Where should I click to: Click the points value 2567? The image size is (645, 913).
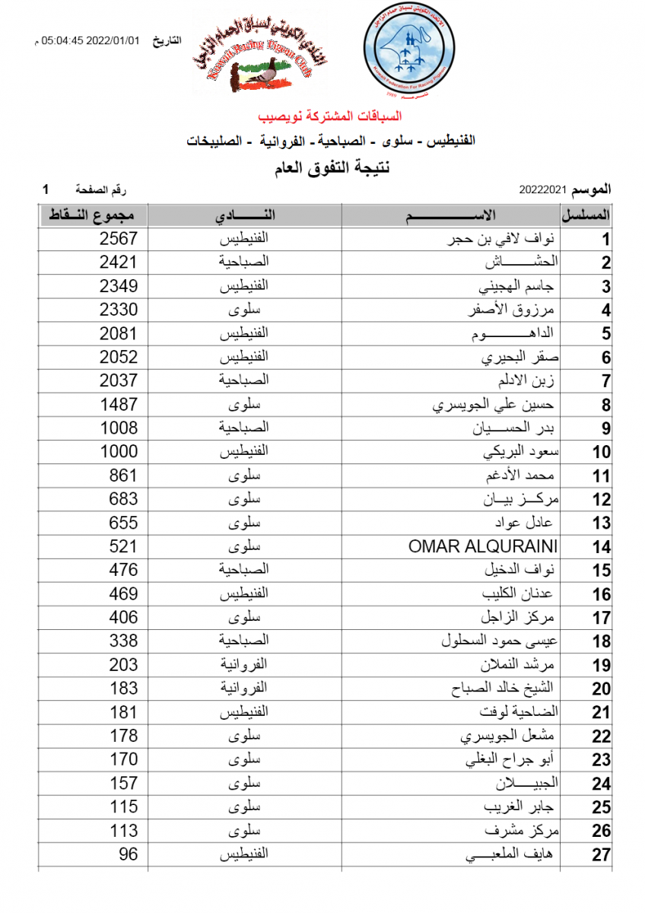point(119,239)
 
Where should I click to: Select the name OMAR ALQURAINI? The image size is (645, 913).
point(483,546)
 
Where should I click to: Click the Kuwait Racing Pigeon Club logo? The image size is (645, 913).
point(266,59)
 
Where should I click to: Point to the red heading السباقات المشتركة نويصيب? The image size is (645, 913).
point(329,116)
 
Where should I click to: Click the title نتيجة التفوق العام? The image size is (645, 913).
point(331,167)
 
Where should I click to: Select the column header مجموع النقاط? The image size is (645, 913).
point(92,215)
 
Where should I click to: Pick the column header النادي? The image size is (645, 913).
point(245,215)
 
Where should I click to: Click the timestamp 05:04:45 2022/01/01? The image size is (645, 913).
point(91,40)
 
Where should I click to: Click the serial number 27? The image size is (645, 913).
point(602,855)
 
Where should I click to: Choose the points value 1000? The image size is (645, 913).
point(119,452)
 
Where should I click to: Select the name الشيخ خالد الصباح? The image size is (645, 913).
point(502,689)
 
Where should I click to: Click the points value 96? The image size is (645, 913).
point(129,854)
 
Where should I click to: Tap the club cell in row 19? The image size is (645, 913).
point(245,665)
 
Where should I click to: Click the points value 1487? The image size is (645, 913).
point(119,405)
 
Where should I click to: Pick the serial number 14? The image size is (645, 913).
point(602,547)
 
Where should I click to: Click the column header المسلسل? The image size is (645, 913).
point(586,215)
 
